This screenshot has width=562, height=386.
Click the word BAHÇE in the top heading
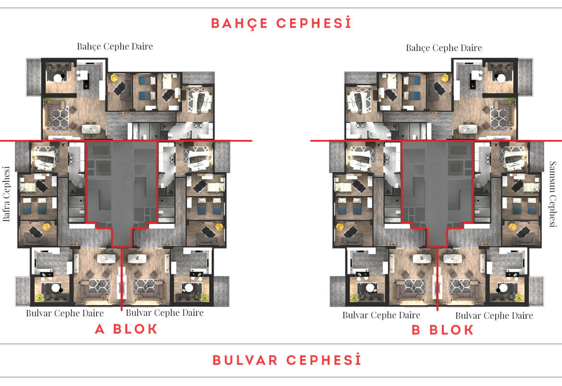[x=239, y=24]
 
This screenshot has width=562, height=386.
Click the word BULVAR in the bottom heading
[x=245, y=360]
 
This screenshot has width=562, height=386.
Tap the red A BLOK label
[x=126, y=329]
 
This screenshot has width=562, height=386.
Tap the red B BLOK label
[x=443, y=330]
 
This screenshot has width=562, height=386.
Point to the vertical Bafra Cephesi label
[x=6, y=194]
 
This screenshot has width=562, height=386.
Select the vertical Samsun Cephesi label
[x=553, y=194]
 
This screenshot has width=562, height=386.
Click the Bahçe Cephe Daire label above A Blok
[x=115, y=47]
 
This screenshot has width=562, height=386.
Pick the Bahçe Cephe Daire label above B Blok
[x=444, y=48]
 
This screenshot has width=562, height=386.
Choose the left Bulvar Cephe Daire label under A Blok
[x=64, y=313]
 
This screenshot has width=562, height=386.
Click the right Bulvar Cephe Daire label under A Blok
[x=164, y=313]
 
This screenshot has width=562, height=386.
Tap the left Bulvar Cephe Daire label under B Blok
[x=381, y=315]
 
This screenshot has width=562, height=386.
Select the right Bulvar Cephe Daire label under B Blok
[x=494, y=316]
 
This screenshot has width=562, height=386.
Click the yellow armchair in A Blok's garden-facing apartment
[x=114, y=78]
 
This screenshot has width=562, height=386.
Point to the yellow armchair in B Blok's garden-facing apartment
[x=445, y=78]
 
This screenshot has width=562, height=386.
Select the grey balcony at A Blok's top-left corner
[x=34, y=77]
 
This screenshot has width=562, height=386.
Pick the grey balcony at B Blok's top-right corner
[x=525, y=77]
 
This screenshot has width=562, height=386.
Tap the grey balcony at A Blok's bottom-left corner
[x=23, y=291]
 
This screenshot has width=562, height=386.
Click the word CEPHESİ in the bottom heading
[x=324, y=360]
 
